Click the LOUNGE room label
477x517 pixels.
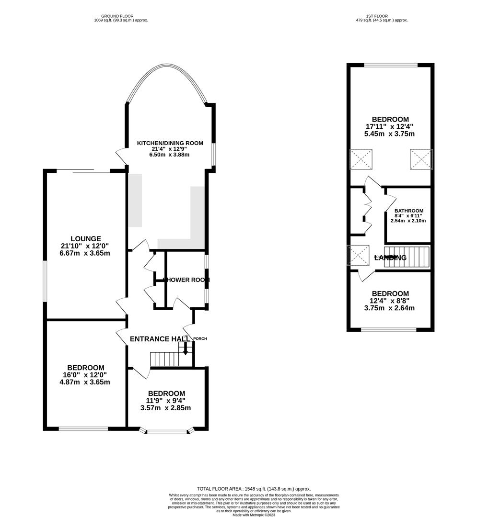coord(85,238)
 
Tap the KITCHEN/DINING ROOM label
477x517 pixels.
coord(170,143)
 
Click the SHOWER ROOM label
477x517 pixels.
coord(186,280)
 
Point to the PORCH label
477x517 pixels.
coord(200,338)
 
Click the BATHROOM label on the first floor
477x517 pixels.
coord(408,211)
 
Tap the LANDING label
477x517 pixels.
coord(390,258)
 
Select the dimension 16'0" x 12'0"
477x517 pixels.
coord(85,375)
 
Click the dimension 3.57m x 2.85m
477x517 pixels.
coord(165,408)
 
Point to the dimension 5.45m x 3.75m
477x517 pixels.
coord(390,134)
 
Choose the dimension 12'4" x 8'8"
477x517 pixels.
coord(389,301)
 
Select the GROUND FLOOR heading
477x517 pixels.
coord(121,15)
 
